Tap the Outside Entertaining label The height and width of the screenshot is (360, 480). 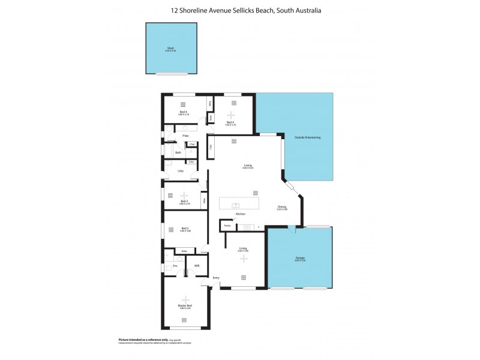[x=307, y=138]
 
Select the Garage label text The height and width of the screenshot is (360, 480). [x=299, y=259]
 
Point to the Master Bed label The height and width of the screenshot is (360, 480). [x=185, y=306]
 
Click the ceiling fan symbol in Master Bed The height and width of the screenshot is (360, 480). [x=185, y=299]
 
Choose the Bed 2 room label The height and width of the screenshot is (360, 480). [x=185, y=228]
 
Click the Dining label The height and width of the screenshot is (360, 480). [x=282, y=207]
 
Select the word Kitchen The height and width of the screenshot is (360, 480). [x=241, y=214]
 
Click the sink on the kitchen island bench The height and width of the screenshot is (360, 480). [x=235, y=205]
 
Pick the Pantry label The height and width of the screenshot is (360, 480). [x=227, y=226]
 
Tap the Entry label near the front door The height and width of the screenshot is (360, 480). [x=216, y=278]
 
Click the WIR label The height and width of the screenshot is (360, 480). [x=196, y=265]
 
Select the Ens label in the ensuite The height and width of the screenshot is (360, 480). [x=175, y=265]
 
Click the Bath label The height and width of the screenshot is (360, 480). [x=178, y=152]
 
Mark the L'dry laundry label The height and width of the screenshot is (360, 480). [x=180, y=171]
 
